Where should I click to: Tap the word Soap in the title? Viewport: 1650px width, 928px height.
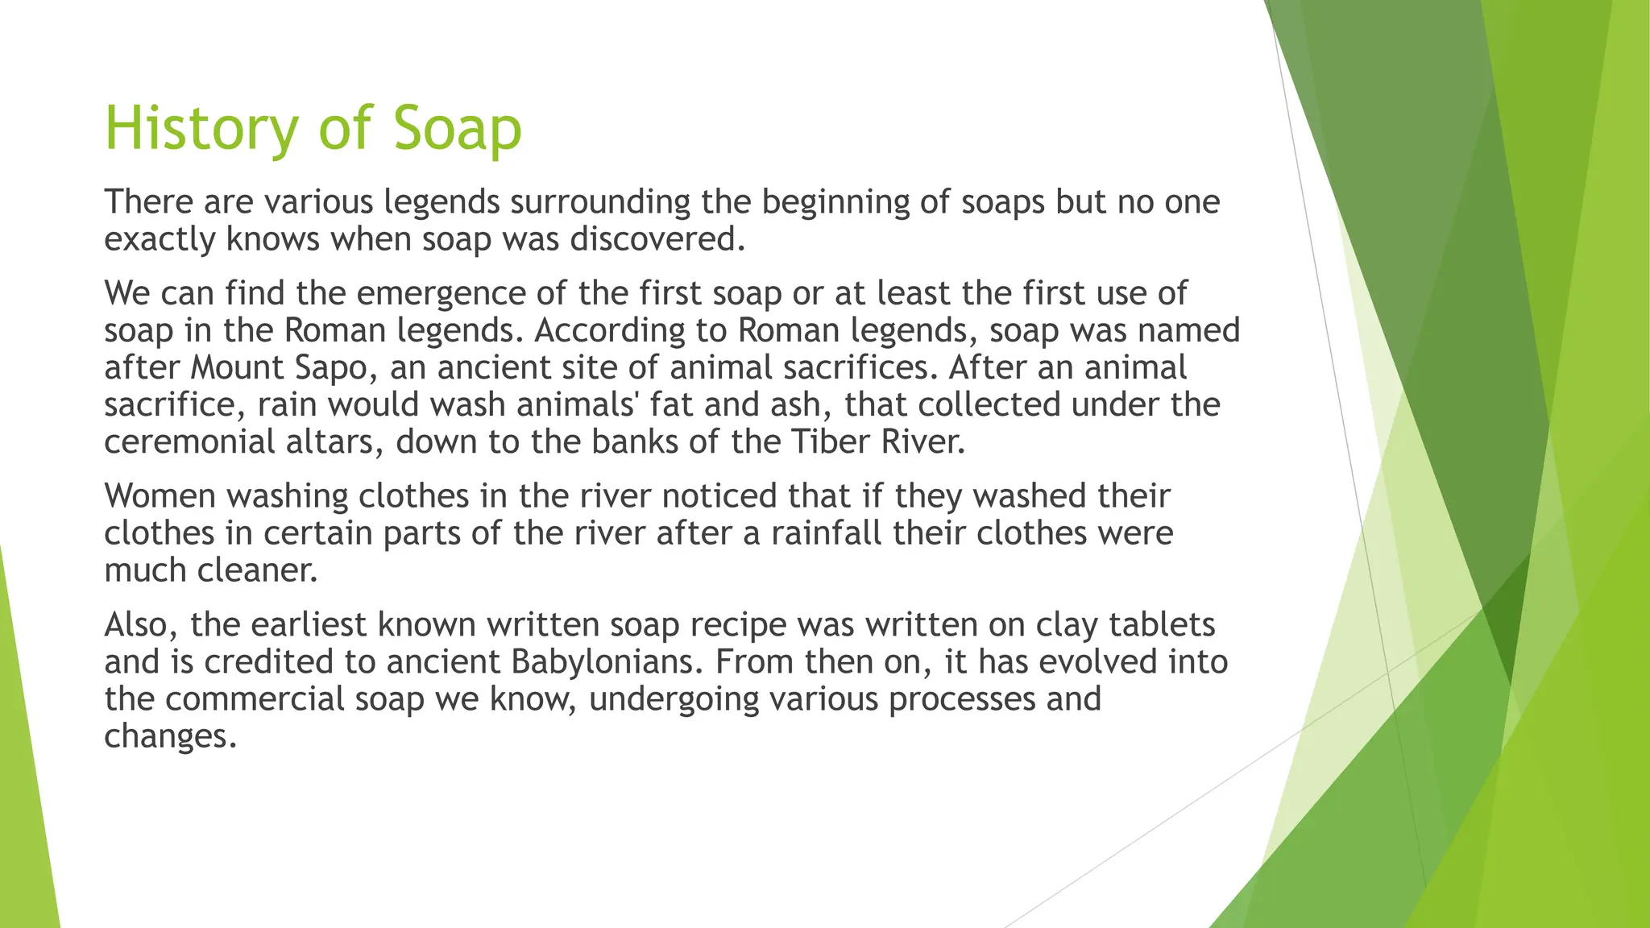tap(458, 129)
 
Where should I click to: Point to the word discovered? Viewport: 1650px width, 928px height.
tap(657, 239)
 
